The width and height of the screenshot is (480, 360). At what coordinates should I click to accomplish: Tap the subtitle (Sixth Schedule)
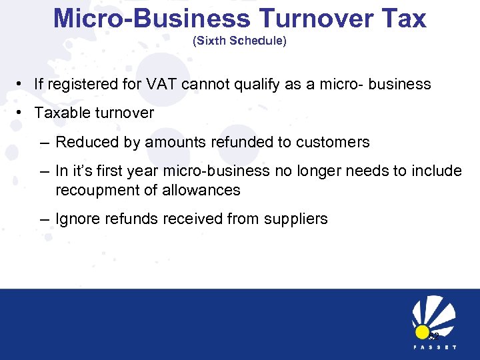pos(239,41)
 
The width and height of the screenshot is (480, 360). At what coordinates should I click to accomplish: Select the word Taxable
pos(62,113)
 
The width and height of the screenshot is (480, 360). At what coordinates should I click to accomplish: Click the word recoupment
pos(95,191)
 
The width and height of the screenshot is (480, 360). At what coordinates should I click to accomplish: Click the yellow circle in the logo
pos(423,331)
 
